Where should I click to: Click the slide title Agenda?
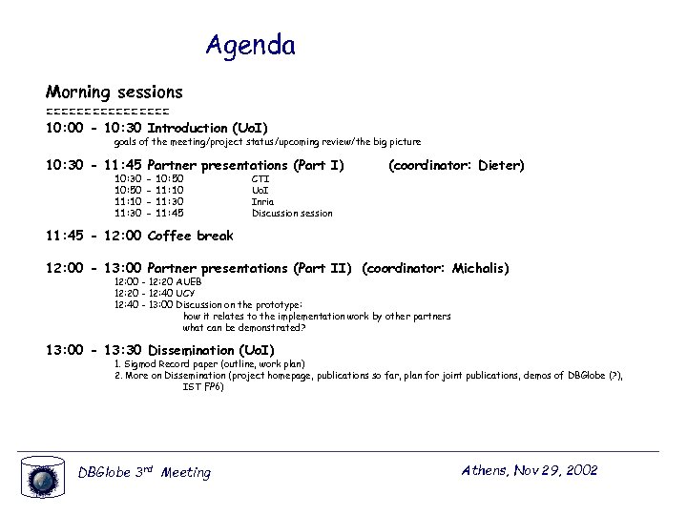pos(250,45)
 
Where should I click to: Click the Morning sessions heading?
pos(114,93)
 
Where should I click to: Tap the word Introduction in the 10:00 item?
pos(187,128)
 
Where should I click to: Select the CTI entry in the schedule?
pos(260,178)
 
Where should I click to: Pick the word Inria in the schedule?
pos(262,201)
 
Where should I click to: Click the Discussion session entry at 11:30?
pos(292,213)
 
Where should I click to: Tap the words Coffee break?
pos(191,236)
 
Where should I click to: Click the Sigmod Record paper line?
pos(209,364)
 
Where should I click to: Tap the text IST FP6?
pos(203,386)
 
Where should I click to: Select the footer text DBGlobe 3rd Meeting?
pos(144,472)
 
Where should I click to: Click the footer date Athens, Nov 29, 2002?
pos(529,470)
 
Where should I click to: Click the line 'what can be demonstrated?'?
pos(244,327)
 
